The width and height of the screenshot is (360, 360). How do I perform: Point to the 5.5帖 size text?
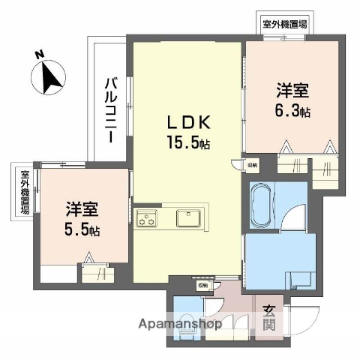(x=83, y=230)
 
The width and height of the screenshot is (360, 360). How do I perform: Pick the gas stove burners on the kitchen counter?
(x=147, y=219)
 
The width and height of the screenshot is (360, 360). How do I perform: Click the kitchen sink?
(x=187, y=218)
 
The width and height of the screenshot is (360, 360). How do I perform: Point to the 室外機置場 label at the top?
(x=284, y=24)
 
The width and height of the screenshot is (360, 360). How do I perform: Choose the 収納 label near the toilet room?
(x=203, y=285)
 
